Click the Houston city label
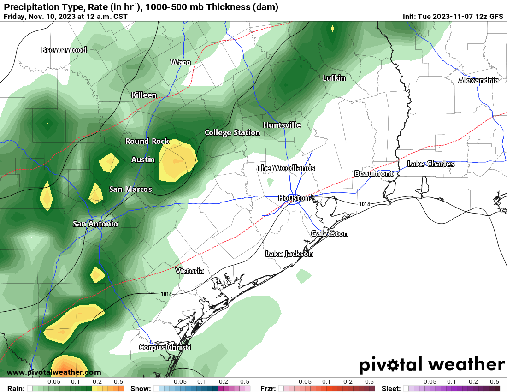[294, 198]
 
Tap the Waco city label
[180, 62]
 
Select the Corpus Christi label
[165, 347]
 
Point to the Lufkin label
[334, 78]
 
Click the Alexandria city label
[478, 80]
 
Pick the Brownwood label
[64, 50]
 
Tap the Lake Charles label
[430, 164]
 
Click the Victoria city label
[189, 271]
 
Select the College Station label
[232, 132]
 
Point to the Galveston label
[330, 233]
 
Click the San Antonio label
[95, 224]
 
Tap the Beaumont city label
[374, 173]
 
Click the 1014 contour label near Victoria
[166, 294]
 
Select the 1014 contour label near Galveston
[364, 203]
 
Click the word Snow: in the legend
[141, 388]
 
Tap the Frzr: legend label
[268, 388]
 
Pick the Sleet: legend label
[391, 388]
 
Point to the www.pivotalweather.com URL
[54, 372]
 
